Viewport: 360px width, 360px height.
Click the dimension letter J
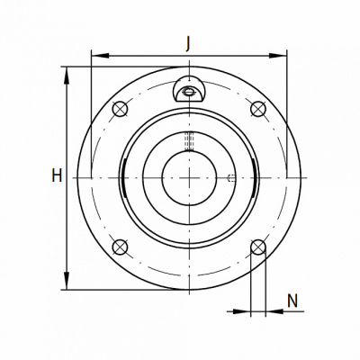coord(188,45)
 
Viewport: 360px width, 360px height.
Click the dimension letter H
coord(57,175)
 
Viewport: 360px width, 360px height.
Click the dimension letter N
coord(292,301)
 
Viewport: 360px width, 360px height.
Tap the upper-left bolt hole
coord(120,109)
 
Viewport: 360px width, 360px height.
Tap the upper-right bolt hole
coord(258,109)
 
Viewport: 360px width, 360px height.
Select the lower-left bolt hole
coord(120,247)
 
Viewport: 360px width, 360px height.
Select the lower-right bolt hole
coord(258,247)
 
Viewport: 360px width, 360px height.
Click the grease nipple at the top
coord(189,89)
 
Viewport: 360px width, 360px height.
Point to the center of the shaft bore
coord(189,178)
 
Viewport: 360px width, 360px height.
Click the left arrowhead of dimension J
coord(99,56)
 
